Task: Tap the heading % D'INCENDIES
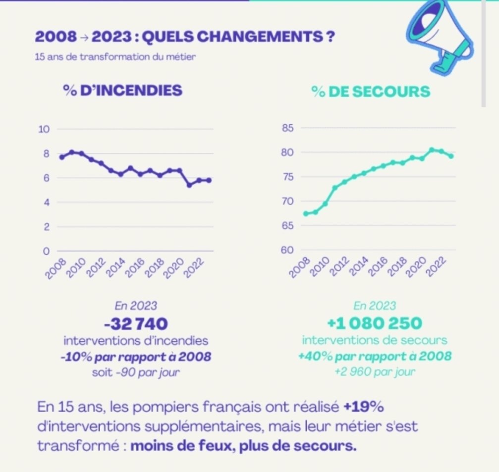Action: (122, 91)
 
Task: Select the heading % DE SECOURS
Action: (371, 92)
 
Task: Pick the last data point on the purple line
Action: (209, 180)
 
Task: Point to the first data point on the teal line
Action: (306, 213)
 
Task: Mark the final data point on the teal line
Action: (451, 156)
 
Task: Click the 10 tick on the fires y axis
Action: (45, 129)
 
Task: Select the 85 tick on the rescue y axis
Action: (289, 129)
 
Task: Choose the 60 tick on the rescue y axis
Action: (289, 250)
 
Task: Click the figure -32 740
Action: (136, 324)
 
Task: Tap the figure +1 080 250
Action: (375, 323)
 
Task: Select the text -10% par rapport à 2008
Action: (136, 356)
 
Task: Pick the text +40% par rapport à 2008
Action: (375, 356)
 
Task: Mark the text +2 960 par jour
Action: (375, 372)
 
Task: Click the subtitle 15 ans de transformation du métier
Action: (115, 56)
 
